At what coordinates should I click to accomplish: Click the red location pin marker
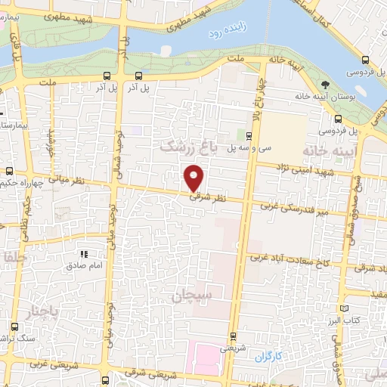tap(194, 178)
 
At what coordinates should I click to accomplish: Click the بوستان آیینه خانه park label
tap(345, 97)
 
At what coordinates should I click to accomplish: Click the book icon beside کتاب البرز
tap(345, 308)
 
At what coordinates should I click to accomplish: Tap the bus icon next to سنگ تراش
tap(14, 327)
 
